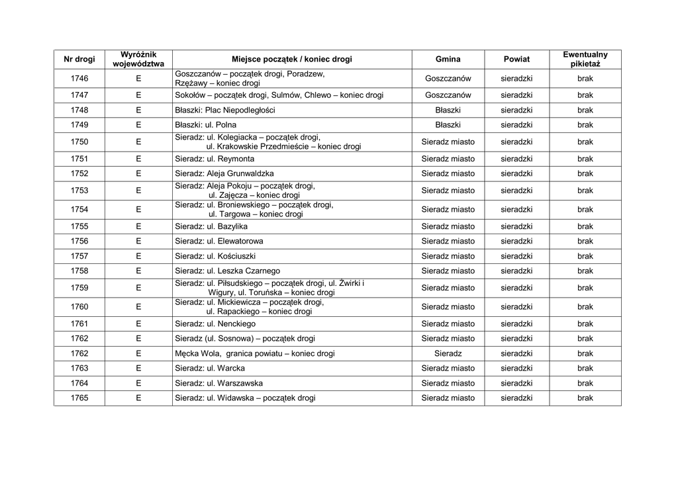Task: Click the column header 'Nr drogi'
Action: tap(79, 60)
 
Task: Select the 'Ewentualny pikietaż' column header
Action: tap(585, 60)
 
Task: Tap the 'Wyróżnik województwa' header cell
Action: tap(138, 60)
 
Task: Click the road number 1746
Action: tap(79, 79)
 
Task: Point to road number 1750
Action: tap(79, 142)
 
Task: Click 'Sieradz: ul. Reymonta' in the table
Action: tap(215, 159)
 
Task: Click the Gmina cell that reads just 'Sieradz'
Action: tap(448, 353)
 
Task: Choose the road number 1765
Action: tap(79, 398)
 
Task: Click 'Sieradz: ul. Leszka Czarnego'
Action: tap(227, 271)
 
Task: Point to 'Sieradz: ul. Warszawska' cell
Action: tap(218, 383)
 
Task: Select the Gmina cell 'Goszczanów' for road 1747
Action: tap(448, 95)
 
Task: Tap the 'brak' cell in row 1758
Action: tap(585, 271)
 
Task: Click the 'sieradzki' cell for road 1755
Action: tap(516, 226)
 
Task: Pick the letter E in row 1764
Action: tap(138, 383)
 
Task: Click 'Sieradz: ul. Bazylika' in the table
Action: tap(211, 226)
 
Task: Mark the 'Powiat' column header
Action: tap(516, 60)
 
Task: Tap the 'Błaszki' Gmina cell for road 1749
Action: tap(448, 124)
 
